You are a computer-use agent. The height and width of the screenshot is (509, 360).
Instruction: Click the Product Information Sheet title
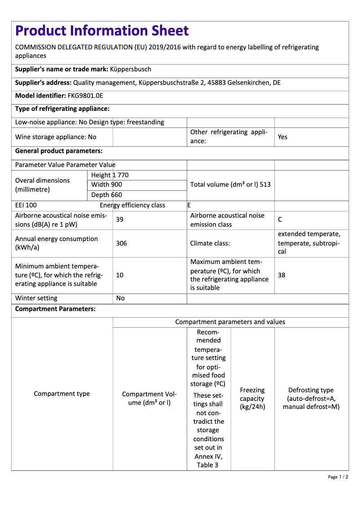(102, 31)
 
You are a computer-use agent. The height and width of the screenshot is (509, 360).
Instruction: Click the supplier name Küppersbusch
(131, 69)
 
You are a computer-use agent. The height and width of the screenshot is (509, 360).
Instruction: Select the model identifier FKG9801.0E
(85, 96)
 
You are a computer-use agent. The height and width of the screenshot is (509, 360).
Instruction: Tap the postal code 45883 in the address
(237, 83)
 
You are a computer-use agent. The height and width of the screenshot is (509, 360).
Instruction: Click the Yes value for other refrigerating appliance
(282, 137)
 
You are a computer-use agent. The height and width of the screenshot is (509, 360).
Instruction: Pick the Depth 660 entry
(106, 195)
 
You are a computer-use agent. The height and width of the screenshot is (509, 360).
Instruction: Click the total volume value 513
(265, 184)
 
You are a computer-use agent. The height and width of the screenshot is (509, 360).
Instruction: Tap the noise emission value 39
(120, 219)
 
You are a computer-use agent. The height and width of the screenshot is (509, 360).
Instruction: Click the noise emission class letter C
(280, 219)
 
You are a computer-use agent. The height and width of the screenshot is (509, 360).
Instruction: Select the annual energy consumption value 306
(121, 243)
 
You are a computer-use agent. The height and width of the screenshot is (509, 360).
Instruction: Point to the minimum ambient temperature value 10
(120, 275)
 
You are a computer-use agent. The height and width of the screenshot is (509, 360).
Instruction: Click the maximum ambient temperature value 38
(281, 275)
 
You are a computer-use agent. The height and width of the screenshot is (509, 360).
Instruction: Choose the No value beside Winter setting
(120, 298)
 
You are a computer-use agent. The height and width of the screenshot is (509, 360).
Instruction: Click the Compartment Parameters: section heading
(55, 309)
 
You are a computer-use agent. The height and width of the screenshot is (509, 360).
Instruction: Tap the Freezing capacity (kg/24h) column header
(252, 399)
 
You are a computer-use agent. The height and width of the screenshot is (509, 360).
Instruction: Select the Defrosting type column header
(311, 399)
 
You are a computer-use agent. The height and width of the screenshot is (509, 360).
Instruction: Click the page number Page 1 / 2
(338, 477)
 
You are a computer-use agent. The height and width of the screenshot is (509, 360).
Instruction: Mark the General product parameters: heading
(59, 151)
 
